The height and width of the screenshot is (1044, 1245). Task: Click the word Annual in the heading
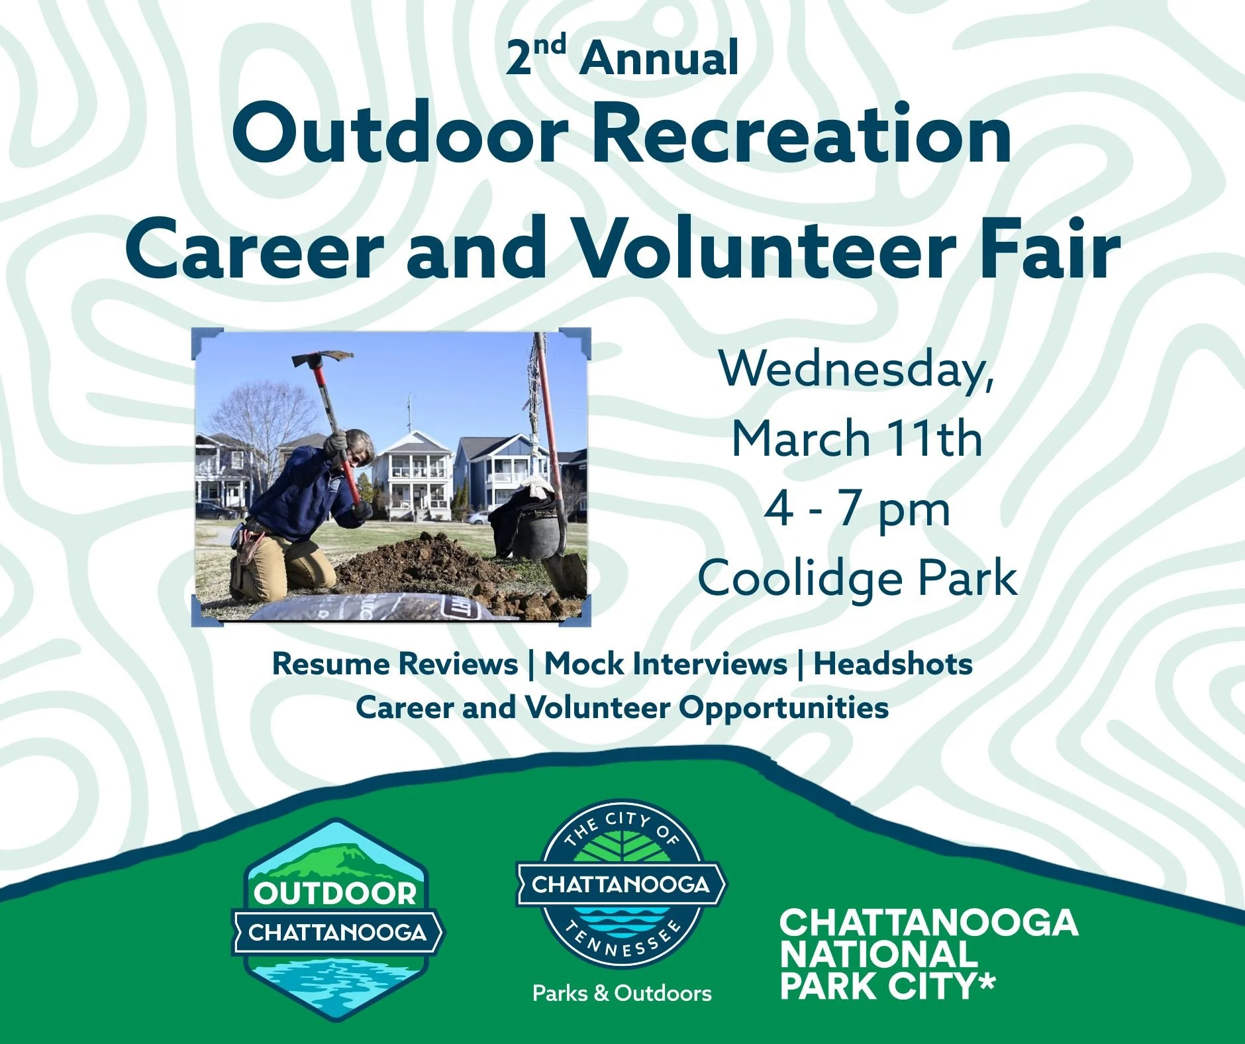[659, 58]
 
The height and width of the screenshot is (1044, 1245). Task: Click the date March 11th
[856, 439]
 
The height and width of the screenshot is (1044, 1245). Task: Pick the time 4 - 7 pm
[856, 510]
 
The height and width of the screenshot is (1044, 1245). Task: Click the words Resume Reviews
[395, 664]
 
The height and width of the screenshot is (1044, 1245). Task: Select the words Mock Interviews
[666, 664]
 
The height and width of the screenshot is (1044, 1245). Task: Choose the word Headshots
[893, 664]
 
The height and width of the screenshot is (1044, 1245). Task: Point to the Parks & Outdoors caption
[622, 993]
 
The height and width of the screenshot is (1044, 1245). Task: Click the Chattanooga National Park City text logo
[927, 954]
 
